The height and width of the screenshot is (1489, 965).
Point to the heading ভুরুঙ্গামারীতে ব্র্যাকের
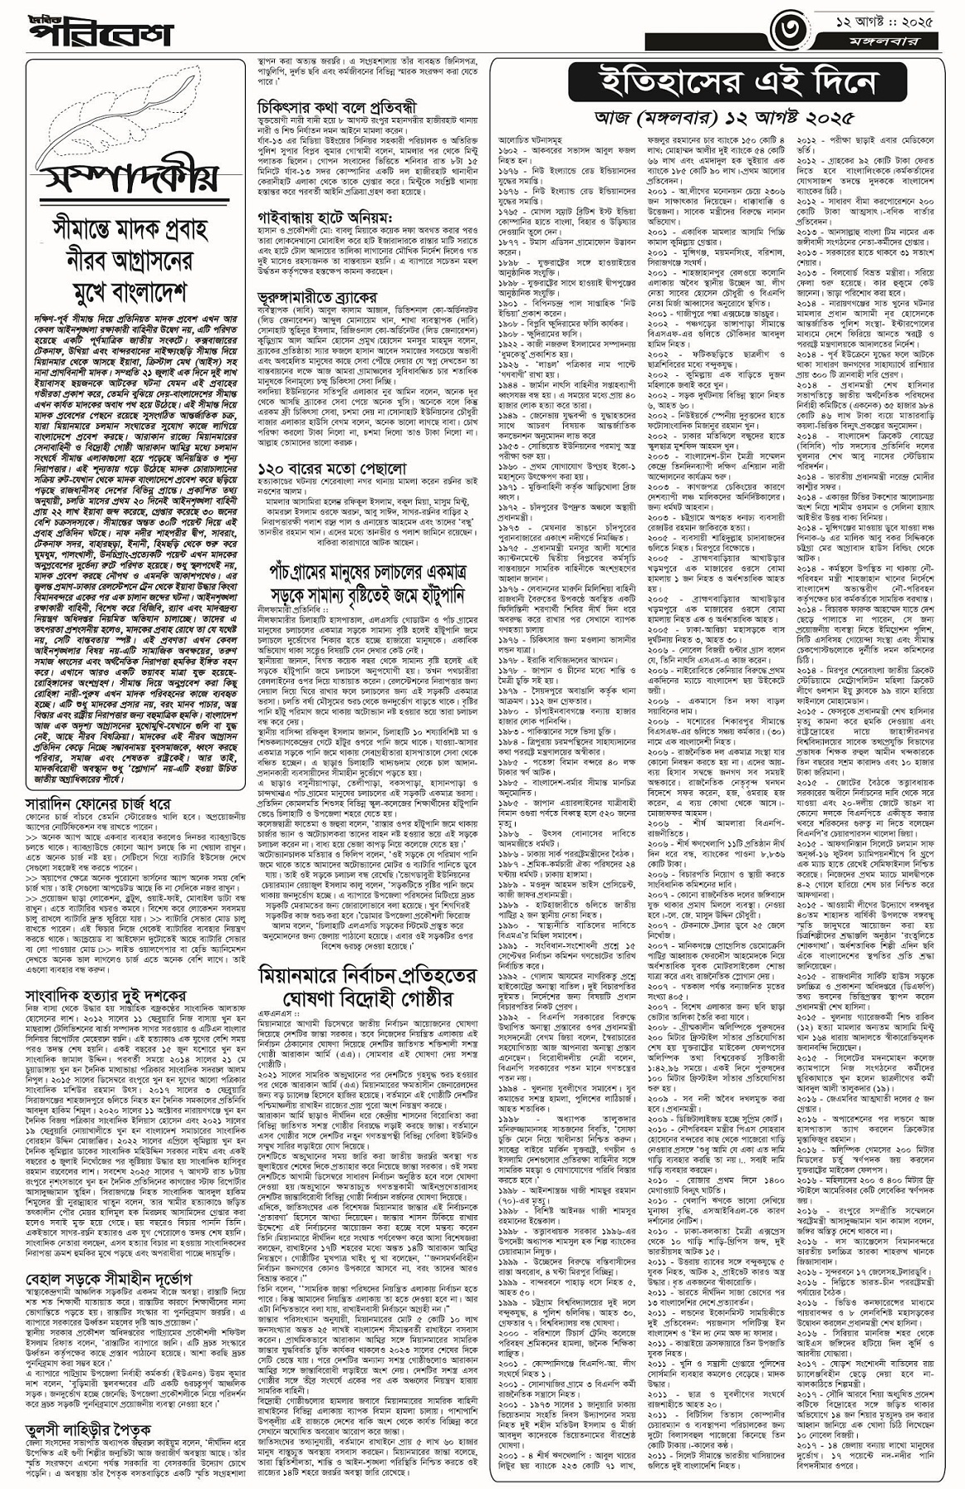coord(316,297)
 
